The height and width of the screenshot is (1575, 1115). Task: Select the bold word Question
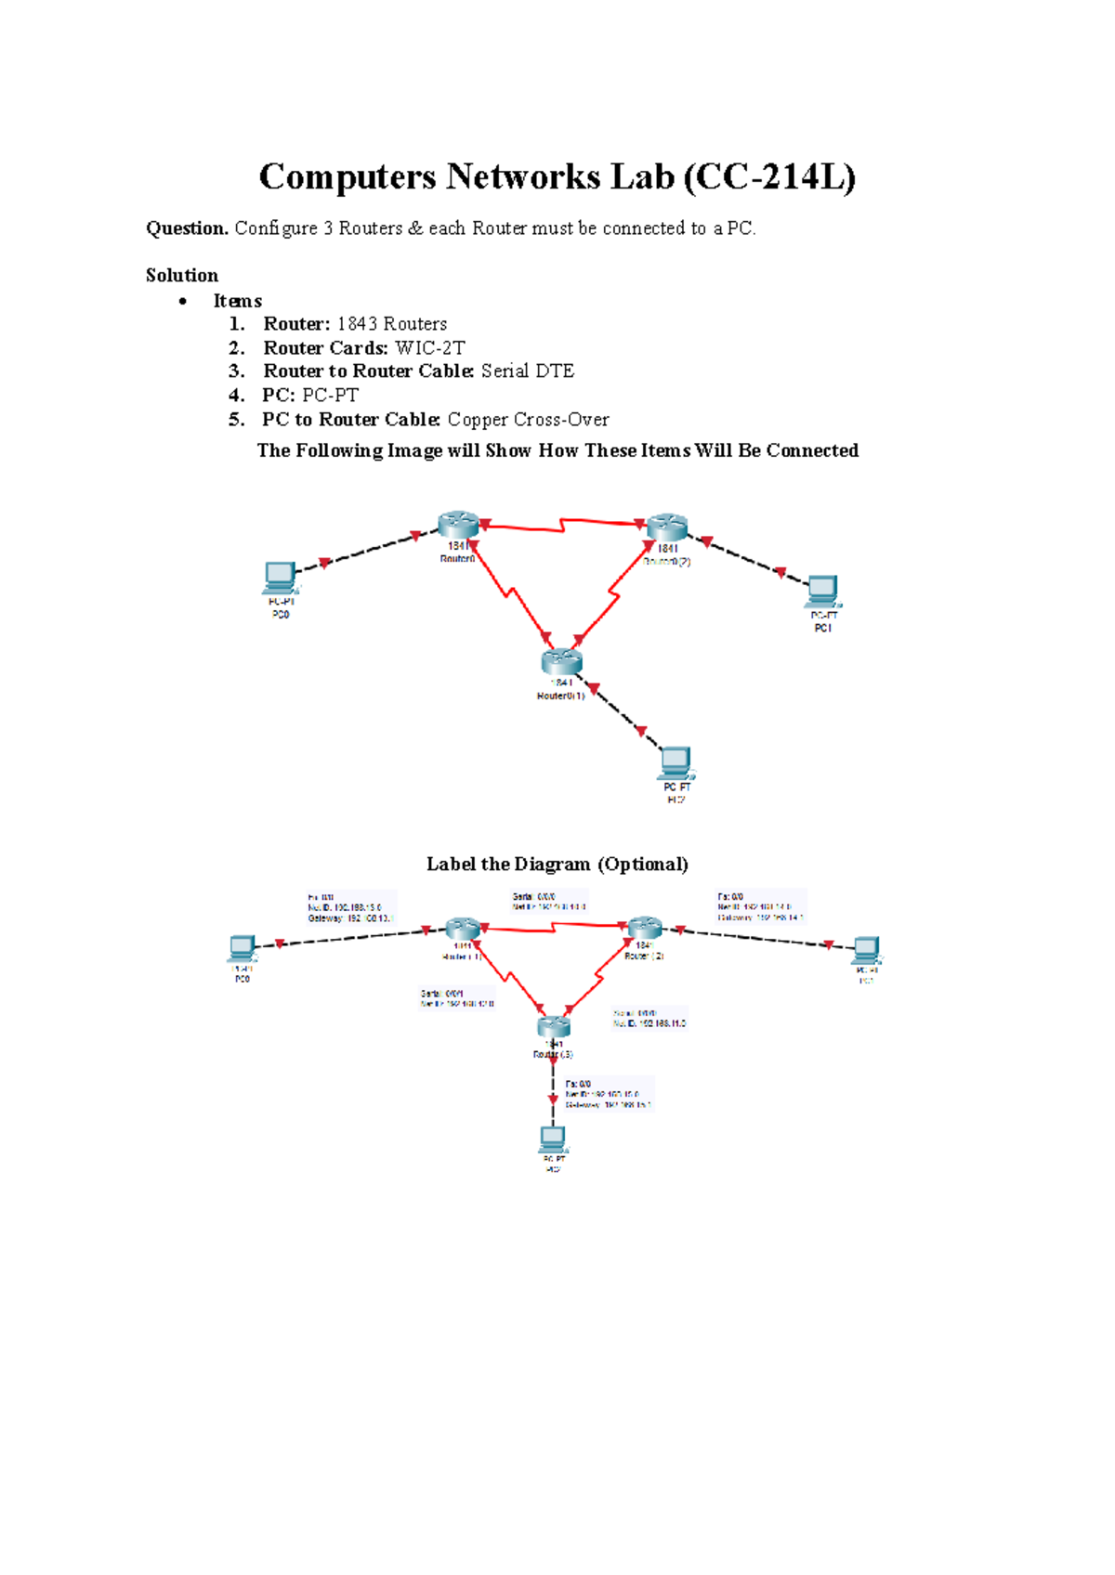click(187, 228)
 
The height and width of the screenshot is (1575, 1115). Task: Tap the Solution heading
click(182, 275)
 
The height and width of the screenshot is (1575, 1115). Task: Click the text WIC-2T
click(429, 347)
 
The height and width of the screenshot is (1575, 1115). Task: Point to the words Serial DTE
click(527, 371)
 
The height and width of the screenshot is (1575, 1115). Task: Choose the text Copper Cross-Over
click(528, 419)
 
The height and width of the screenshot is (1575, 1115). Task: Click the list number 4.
click(236, 395)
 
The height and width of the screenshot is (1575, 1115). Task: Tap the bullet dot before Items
click(183, 301)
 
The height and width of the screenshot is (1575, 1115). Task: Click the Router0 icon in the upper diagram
click(458, 525)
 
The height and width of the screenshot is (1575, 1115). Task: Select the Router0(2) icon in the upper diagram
click(666, 527)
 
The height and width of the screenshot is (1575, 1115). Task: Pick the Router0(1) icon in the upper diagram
click(561, 661)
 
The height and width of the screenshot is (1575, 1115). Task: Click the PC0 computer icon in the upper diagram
click(280, 578)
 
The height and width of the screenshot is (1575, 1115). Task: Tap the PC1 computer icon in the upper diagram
click(822, 591)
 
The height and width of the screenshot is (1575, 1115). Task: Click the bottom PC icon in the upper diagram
click(676, 763)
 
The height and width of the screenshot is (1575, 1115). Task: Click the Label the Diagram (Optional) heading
click(557, 864)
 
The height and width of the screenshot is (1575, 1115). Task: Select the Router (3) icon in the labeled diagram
click(554, 1026)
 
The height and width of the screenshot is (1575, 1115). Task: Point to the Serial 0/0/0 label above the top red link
click(534, 897)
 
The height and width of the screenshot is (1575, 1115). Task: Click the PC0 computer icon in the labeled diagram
click(243, 948)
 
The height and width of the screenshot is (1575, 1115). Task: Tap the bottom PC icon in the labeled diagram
click(553, 1138)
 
